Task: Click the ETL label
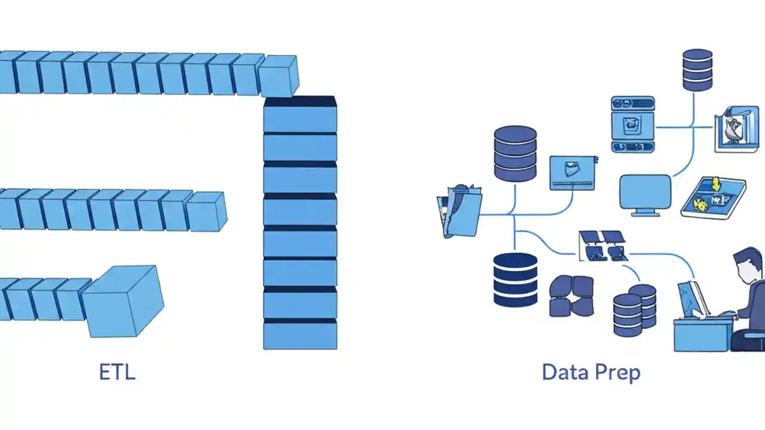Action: pyautogui.click(x=117, y=372)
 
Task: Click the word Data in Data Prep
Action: pyautogui.click(x=565, y=373)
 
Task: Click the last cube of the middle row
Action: pyautogui.click(x=206, y=211)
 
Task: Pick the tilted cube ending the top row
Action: pyautogui.click(x=279, y=76)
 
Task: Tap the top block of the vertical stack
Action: pyautogui.click(x=300, y=115)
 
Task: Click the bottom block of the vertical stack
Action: pyautogui.click(x=300, y=334)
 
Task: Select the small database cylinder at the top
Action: pyautogui.click(x=697, y=70)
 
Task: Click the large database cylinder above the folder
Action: pyautogui.click(x=515, y=153)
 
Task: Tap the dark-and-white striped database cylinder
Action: pyautogui.click(x=515, y=279)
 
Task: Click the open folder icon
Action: pyautogui.click(x=458, y=211)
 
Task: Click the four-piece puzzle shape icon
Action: pyautogui.click(x=571, y=295)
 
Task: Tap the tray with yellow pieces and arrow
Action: pyautogui.click(x=714, y=198)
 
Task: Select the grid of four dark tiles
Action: pyautogui.click(x=603, y=246)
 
